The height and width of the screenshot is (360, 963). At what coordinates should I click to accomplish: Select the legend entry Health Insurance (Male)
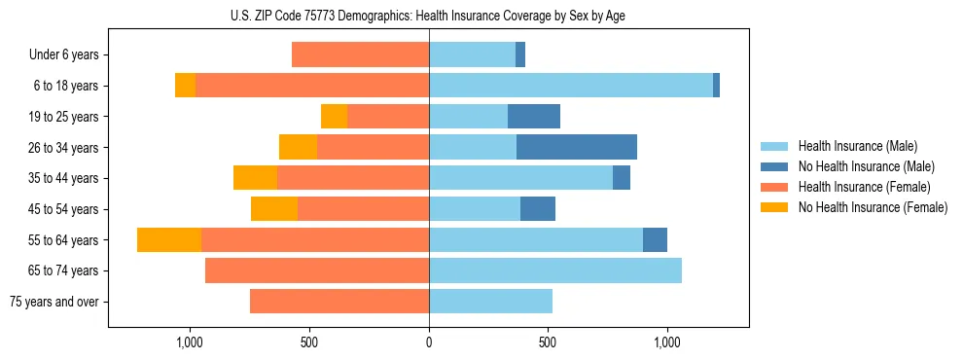point(857,146)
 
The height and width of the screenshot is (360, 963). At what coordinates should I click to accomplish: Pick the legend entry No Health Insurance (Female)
point(873,207)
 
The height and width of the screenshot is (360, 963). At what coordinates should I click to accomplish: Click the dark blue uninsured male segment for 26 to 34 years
point(577,147)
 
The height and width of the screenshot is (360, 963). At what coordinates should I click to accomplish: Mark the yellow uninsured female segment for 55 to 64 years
point(169,240)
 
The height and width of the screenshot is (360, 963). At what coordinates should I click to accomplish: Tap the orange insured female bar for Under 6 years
point(360,54)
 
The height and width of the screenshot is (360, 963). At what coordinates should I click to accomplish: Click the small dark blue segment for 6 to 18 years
point(716,86)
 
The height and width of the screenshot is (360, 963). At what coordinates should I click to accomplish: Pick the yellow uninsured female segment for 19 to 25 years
point(334,117)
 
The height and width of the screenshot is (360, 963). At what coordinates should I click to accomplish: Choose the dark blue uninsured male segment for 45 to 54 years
point(538,209)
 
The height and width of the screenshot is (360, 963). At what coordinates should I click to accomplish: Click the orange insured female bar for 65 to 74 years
point(317,270)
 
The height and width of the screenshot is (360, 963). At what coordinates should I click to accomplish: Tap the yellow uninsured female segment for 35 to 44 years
point(255,178)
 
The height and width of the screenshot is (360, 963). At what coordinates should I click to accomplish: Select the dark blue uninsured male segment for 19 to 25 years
point(534,117)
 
